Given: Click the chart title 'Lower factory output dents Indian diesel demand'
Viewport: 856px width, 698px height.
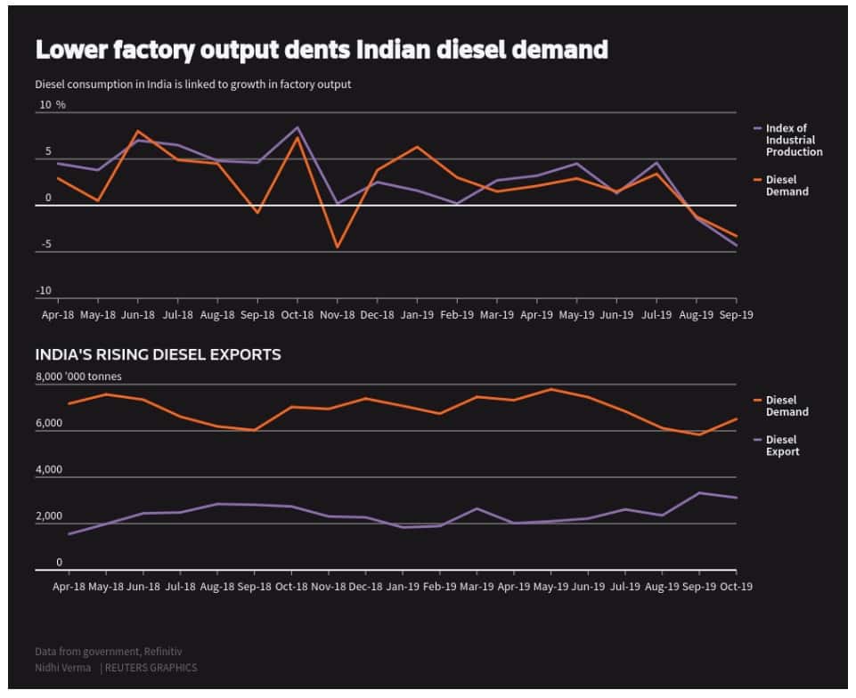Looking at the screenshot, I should (x=321, y=50).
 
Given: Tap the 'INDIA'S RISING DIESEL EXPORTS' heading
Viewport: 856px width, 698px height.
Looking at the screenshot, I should (x=158, y=354).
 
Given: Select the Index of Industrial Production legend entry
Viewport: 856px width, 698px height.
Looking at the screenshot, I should (x=793, y=140).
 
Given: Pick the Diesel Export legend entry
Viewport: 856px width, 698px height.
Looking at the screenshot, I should (x=782, y=445).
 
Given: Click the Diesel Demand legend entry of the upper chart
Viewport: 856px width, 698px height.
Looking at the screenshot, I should (x=787, y=185).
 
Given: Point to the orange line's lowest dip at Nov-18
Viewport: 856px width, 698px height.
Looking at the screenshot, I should (x=338, y=247).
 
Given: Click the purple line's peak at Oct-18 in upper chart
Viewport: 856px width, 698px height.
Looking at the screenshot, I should (x=298, y=127).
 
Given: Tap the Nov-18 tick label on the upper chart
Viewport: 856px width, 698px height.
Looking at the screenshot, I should (x=338, y=314).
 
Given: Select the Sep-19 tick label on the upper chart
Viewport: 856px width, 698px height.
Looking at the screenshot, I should (x=736, y=314).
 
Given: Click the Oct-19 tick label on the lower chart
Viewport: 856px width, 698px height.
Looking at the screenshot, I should (x=736, y=587).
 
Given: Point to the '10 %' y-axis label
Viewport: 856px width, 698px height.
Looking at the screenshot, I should (x=52, y=105).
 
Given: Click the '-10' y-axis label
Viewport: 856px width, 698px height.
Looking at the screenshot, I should (x=45, y=291).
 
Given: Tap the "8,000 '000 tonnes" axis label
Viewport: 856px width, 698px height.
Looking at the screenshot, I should (x=78, y=377).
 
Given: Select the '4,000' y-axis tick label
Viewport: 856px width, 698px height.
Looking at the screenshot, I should (x=49, y=470).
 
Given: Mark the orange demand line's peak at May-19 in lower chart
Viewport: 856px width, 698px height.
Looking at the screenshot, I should (x=551, y=389).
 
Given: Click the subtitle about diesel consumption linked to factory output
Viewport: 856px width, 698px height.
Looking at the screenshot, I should (x=193, y=85).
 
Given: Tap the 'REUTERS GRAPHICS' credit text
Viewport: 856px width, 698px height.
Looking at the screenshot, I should (x=151, y=668).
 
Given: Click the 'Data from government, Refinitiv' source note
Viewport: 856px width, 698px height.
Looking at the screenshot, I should (x=109, y=652).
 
